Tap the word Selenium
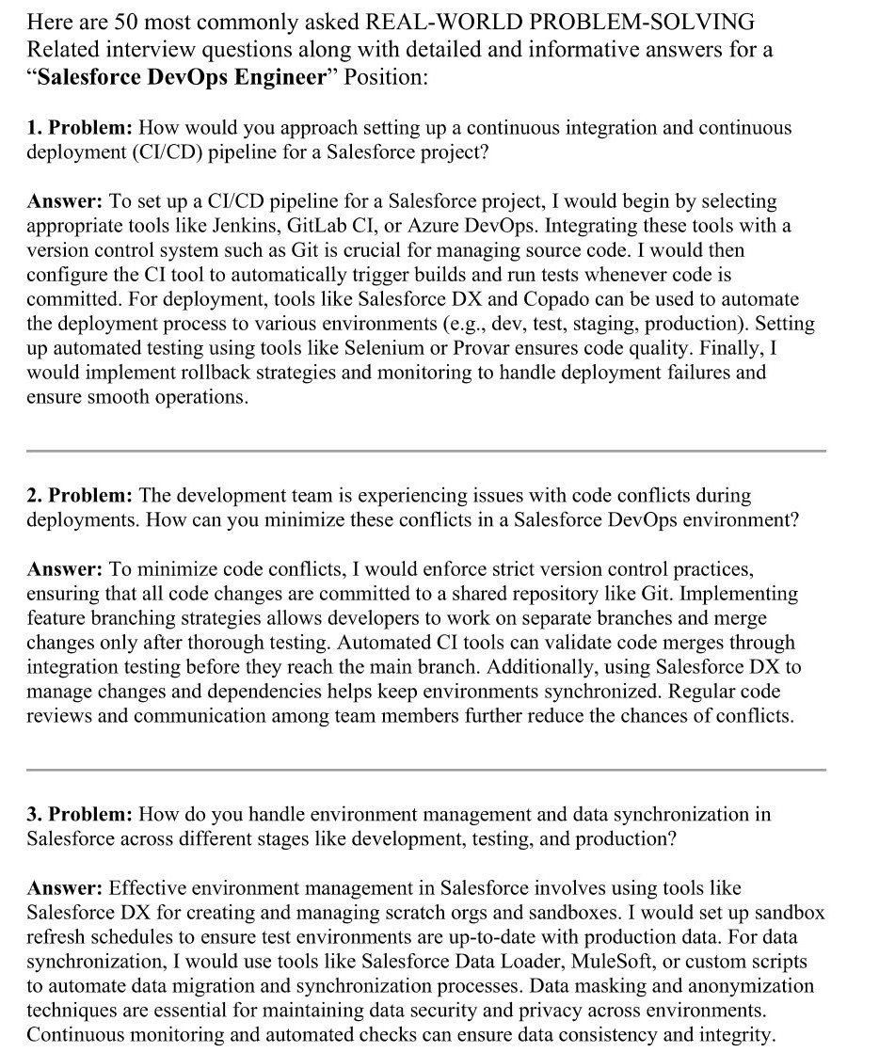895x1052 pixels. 381,348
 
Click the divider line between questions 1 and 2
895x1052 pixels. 425,451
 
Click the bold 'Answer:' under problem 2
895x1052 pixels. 64,569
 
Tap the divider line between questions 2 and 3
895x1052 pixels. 425,770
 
